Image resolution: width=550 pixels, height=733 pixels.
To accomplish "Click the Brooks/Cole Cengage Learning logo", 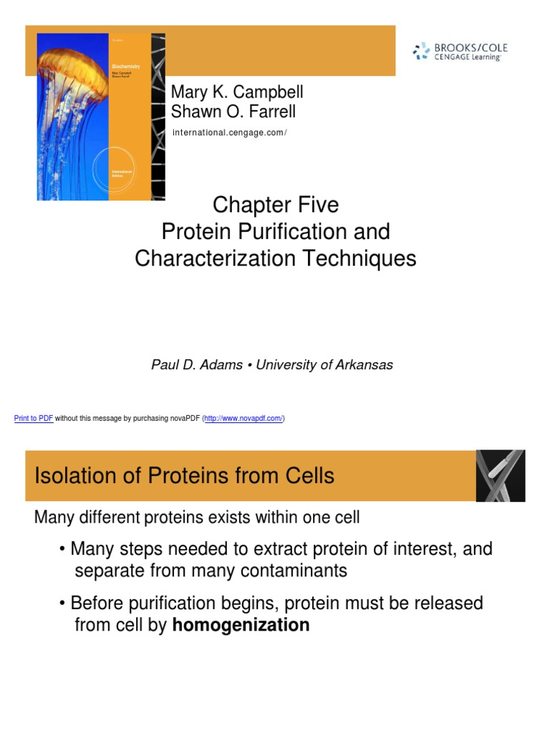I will pos(460,52).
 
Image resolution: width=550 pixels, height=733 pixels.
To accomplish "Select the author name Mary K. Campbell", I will pos(236,92).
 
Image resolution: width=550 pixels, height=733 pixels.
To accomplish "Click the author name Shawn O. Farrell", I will pos(233,112).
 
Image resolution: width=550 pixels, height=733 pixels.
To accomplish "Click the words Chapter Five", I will pos(276,205).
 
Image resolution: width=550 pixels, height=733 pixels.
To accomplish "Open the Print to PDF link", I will pos(34,419).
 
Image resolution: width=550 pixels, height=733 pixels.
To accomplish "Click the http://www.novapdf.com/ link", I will pos(243,419).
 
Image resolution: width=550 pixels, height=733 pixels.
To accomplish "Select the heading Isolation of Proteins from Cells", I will pos(184,476).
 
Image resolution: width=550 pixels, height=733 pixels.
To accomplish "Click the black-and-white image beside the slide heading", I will pos(501,475).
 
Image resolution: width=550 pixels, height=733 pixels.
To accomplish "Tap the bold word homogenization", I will pos(241,625).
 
